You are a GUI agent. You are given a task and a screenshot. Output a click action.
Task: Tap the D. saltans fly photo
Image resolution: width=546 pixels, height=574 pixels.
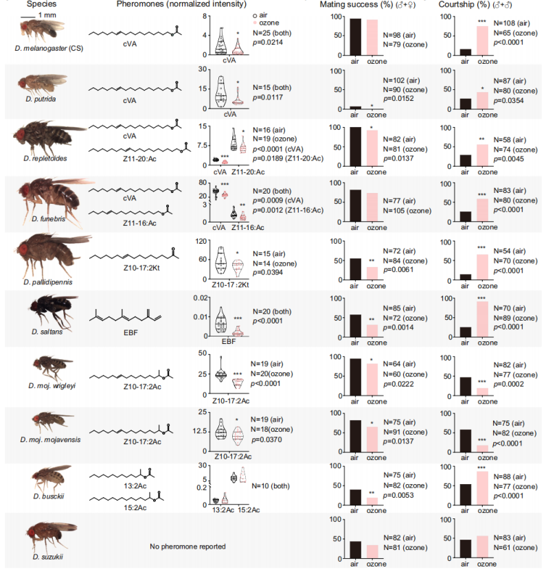tap(43, 313)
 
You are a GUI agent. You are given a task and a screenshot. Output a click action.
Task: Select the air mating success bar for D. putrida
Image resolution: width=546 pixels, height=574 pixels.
tap(354, 108)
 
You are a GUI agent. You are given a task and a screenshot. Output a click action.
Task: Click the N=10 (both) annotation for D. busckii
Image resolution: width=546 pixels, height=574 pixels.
tap(273, 486)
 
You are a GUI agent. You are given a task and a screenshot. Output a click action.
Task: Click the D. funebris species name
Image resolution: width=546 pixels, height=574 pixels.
tap(47, 219)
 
